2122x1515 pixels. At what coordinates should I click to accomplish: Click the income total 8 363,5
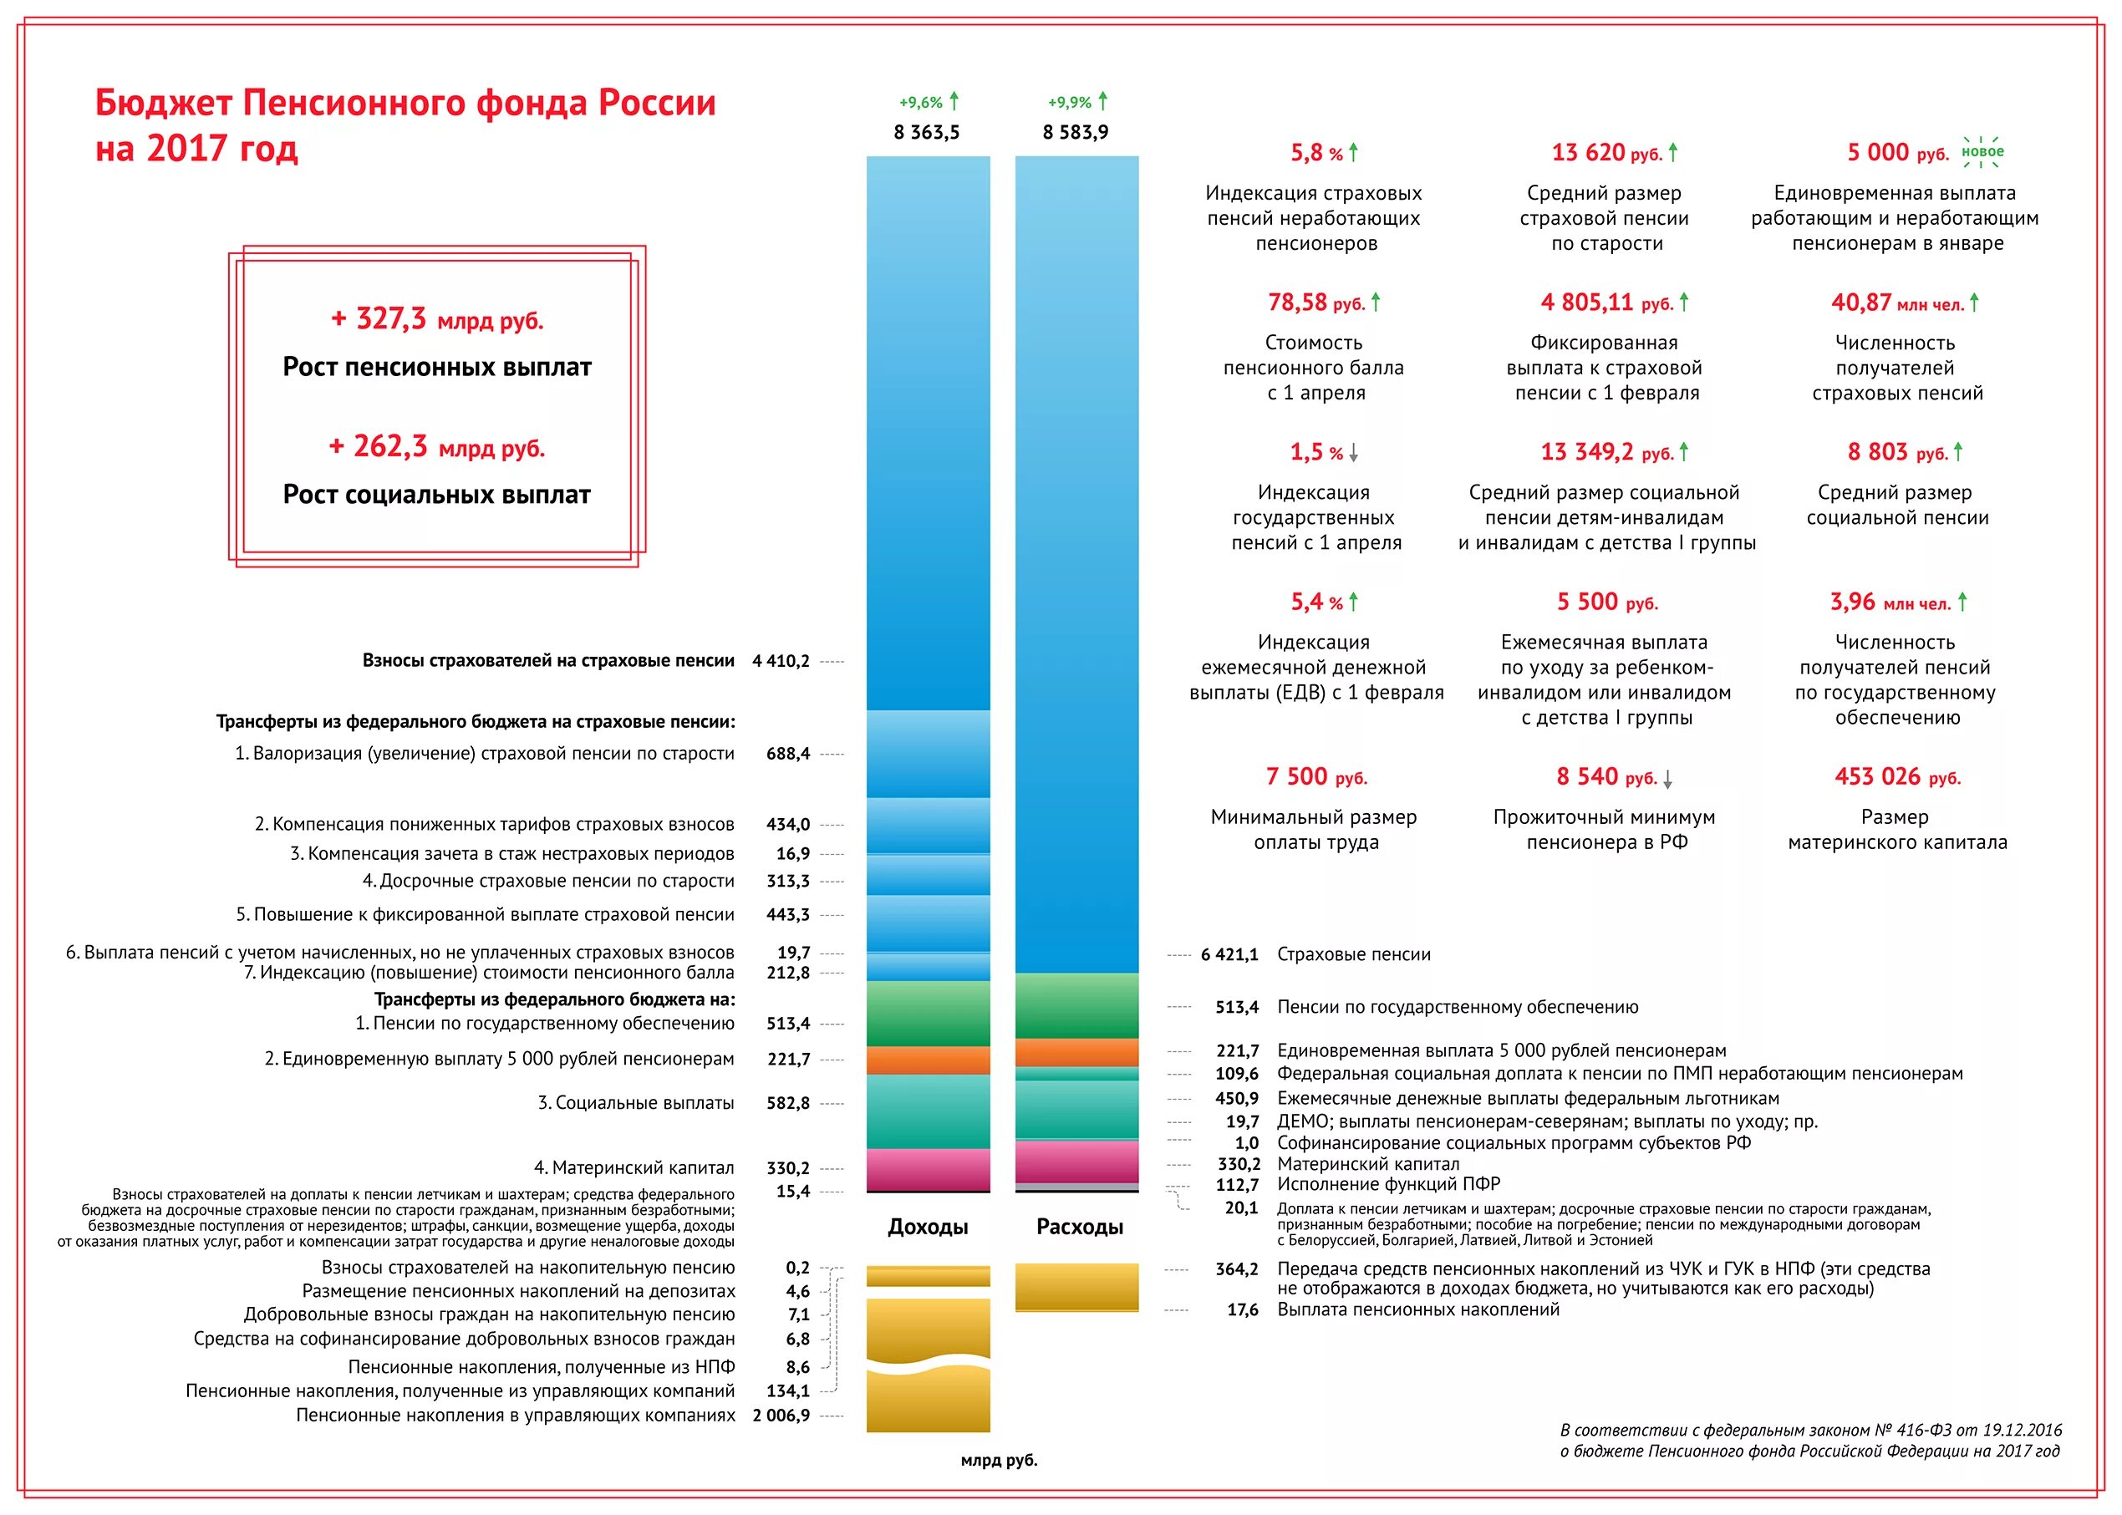[926, 133]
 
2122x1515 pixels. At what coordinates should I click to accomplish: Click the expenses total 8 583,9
[1076, 133]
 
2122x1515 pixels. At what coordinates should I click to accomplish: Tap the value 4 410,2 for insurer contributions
[781, 662]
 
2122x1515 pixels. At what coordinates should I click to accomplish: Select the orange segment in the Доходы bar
[928, 1060]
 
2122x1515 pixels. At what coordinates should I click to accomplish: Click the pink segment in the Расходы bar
[1076, 1162]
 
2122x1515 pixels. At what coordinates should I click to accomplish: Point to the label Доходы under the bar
[928, 1227]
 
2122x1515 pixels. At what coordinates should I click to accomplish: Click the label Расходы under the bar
[1079, 1227]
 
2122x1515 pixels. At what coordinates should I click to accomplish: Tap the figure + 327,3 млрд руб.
[436, 320]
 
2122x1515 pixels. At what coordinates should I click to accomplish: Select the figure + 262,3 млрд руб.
[436, 448]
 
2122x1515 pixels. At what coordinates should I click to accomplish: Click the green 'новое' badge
[1982, 152]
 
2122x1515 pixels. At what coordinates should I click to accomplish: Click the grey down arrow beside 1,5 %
[1353, 454]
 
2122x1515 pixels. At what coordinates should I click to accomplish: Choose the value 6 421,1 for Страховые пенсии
[1229, 954]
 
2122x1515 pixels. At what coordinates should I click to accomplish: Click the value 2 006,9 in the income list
[781, 1416]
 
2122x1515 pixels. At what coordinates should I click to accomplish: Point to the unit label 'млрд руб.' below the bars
[999, 1461]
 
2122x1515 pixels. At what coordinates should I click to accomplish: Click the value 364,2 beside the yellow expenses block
[1237, 1268]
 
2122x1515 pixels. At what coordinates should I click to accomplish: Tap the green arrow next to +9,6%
[954, 101]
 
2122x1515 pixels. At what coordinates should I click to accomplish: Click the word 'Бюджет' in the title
[164, 103]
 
